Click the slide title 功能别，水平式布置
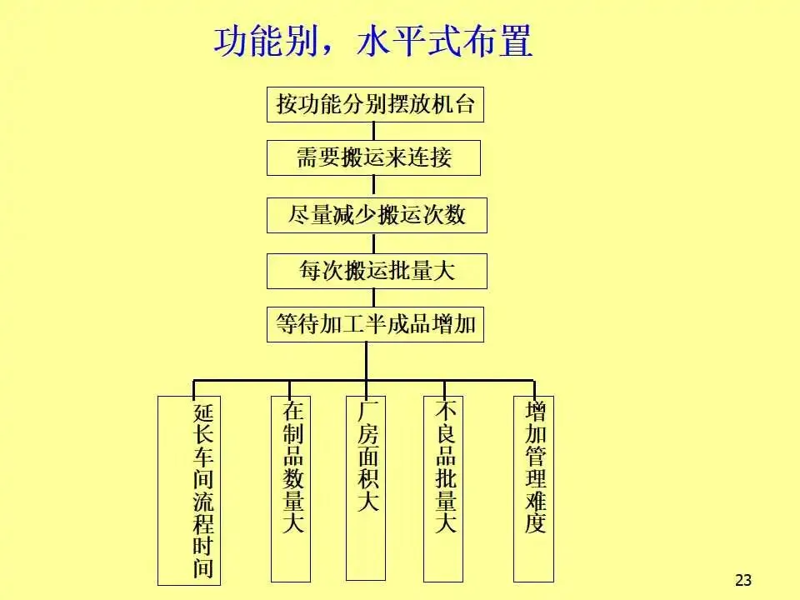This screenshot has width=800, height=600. click(x=372, y=42)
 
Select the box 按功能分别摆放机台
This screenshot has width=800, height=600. click(x=375, y=105)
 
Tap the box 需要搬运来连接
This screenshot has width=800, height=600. click(x=373, y=157)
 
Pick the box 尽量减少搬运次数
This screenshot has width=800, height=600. click(x=377, y=216)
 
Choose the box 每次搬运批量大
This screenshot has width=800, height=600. click(x=377, y=271)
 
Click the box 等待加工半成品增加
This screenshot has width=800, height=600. click(x=375, y=324)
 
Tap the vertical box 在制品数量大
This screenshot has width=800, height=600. click(x=291, y=487)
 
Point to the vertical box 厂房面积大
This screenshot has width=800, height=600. click(x=366, y=487)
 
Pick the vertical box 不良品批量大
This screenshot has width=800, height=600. click(x=442, y=487)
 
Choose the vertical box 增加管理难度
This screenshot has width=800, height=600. click(x=533, y=487)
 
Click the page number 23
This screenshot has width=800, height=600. click(x=743, y=580)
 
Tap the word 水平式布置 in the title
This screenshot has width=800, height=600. click(x=444, y=42)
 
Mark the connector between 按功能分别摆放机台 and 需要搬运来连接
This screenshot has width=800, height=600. click(x=373, y=132)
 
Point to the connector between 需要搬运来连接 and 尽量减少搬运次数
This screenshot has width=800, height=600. click(x=373, y=187)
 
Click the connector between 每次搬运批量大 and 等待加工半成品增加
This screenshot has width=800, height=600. click(x=373, y=297)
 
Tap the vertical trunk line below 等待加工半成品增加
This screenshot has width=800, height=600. click(x=365, y=360)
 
